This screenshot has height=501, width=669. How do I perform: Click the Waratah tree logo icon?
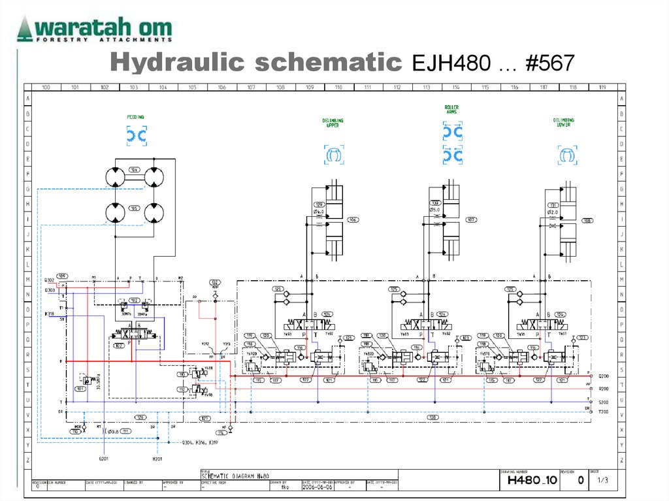pos(24,29)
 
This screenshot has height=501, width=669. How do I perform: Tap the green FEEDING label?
pos(136,117)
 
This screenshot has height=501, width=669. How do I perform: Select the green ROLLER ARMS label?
pos(451,109)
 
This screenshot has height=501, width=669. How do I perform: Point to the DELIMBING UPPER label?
pos(333,123)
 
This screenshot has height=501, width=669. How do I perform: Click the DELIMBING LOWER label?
pos(564,123)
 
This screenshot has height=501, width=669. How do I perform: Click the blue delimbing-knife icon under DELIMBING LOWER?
pos(567,155)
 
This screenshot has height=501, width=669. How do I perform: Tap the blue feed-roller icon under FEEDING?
pos(136,136)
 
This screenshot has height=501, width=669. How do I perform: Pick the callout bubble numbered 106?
pos(353,219)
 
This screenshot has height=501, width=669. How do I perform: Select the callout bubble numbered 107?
pos(470,219)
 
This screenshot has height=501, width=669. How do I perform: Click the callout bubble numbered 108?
pos(587,220)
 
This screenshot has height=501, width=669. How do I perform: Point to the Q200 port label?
pos(604,376)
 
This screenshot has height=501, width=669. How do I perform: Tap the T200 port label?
pos(604,412)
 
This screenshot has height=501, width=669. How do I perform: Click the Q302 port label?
pos(50,280)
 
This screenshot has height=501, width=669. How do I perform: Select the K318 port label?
pos(50,314)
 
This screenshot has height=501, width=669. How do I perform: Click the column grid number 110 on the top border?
pos(338,87)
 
